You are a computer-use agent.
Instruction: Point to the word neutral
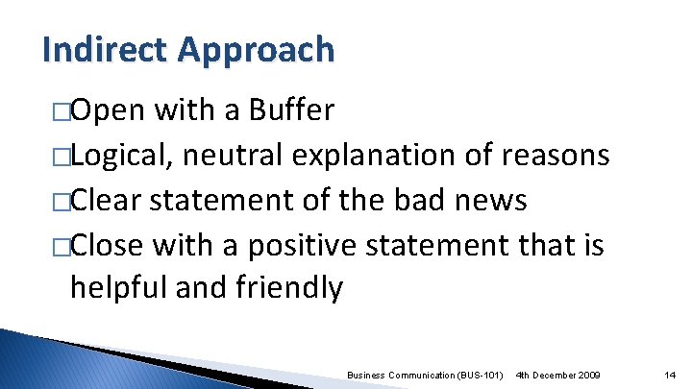click(x=235, y=156)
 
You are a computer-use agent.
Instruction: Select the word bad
click(x=417, y=200)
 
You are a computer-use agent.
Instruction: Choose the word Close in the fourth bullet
click(x=109, y=245)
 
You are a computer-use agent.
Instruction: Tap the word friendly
click(x=289, y=287)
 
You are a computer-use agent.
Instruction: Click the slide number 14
click(x=672, y=374)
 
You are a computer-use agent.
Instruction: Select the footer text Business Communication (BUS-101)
click(x=425, y=374)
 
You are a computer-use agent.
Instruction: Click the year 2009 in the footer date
click(x=585, y=374)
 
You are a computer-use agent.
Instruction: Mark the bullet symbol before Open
click(x=62, y=112)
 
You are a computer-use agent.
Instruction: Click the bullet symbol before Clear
click(x=62, y=202)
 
